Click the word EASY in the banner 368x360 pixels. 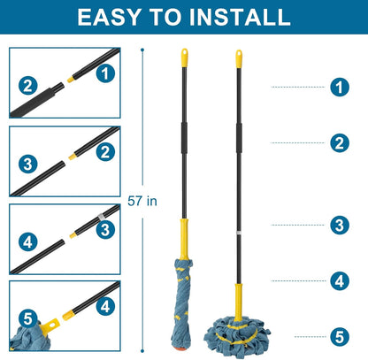pyautogui.click(x=109, y=17)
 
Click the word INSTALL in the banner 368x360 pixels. pyautogui.click(x=240, y=17)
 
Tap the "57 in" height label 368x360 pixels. pyautogui.click(x=142, y=201)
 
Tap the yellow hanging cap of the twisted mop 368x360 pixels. pyautogui.click(x=184, y=57)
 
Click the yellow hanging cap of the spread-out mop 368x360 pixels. pyautogui.click(x=239, y=59)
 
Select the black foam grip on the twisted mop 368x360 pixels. pyautogui.click(x=184, y=137)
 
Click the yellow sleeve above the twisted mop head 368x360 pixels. pyautogui.click(x=184, y=239)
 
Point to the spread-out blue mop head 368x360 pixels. pyautogui.click(x=237, y=336)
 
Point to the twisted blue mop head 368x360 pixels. pyautogui.click(x=182, y=303)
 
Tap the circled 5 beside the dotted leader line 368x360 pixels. pyautogui.click(x=340, y=337)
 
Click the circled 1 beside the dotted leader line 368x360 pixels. pyautogui.click(x=340, y=87)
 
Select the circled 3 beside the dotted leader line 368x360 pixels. pyautogui.click(x=340, y=225)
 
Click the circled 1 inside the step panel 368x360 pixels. pyautogui.click(x=105, y=73)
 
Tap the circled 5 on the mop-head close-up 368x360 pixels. pyautogui.click(x=28, y=318)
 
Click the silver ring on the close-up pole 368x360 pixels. pyautogui.click(x=100, y=217)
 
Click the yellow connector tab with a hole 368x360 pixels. pyautogui.click(x=51, y=325)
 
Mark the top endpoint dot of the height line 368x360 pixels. pyautogui.click(x=142, y=50)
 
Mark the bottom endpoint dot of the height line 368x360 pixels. pyautogui.click(x=142, y=351)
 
